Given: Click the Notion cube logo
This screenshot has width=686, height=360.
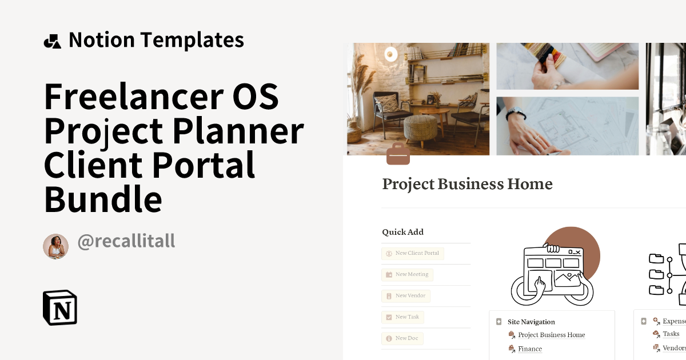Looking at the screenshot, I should pyautogui.click(x=60, y=308).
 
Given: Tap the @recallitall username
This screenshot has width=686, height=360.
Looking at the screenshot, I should pyautogui.click(x=126, y=242).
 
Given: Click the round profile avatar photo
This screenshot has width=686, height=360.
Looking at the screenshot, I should pyautogui.click(x=55, y=246).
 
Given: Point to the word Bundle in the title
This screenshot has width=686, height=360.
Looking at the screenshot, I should pyautogui.click(x=103, y=199).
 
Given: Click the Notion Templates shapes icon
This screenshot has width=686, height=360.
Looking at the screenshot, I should pyautogui.click(x=52, y=41).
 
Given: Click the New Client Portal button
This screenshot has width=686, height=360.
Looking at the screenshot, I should pyautogui.click(x=413, y=253).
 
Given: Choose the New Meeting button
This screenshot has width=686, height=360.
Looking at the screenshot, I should pyautogui.click(x=407, y=274).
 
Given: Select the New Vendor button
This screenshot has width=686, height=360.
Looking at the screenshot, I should pyautogui.click(x=405, y=296).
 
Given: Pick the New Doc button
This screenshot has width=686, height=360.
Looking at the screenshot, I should pyautogui.click(x=402, y=338).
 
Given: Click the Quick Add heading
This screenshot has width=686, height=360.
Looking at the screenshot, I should pyautogui.click(x=402, y=232).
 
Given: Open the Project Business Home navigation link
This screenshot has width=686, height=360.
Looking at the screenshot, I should pyautogui.click(x=551, y=335).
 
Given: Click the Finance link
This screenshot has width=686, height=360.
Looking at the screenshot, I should pyautogui.click(x=530, y=349).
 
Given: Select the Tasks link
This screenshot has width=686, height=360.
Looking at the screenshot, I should pyautogui.click(x=671, y=334).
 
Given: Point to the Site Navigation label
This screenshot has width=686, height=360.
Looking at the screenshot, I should pyautogui.click(x=531, y=322).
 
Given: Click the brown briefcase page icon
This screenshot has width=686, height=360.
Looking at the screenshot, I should pyautogui.click(x=398, y=154).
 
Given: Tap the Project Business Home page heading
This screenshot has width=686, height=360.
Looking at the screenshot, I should pyautogui.click(x=467, y=184).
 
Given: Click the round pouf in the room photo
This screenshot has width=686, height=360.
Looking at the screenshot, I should pyautogui.click(x=420, y=128).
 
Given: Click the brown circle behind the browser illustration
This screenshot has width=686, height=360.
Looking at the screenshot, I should pyautogui.click(x=577, y=243).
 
